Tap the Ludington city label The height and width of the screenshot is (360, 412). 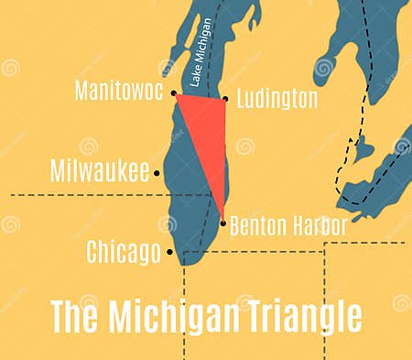point(276,98)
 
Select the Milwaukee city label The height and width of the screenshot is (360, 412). point(100,171)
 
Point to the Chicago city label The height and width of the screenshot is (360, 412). point(124,251)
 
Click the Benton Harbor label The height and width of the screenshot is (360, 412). point(287,225)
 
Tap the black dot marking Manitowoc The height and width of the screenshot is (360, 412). point(173,93)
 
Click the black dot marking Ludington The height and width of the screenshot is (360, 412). point(225,99)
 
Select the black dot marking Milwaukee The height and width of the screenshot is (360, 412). point(157,172)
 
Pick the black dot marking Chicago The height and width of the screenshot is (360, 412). point(170,251)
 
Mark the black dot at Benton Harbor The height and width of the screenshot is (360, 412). point(222,222)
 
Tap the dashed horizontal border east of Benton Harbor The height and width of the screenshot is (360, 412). point(366,243)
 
